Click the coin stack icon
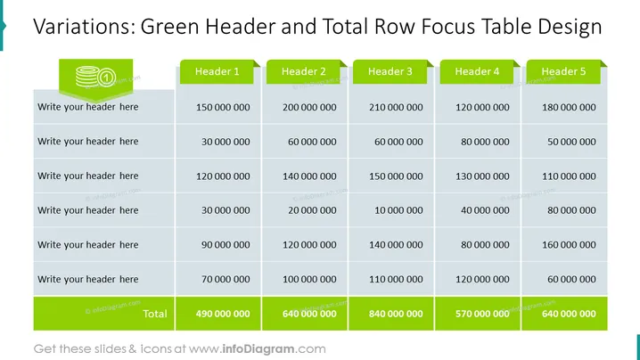click(x=96, y=77)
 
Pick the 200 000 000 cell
click(x=309, y=107)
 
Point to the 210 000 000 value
click(x=396, y=107)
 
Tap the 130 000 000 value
click(x=482, y=176)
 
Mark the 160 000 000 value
click(x=569, y=245)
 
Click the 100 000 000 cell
click(x=309, y=280)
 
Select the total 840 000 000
click(x=396, y=314)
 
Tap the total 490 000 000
click(x=223, y=314)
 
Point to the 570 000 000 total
click(x=482, y=314)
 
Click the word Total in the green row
click(x=155, y=314)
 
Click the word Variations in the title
click(x=84, y=27)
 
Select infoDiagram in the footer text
click(x=258, y=349)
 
